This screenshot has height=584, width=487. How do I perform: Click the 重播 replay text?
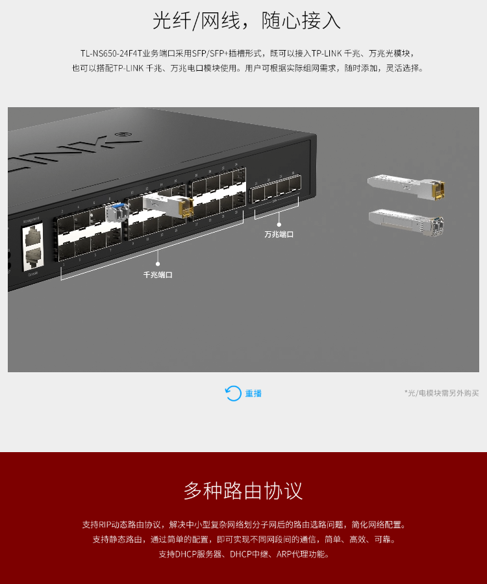[253, 394]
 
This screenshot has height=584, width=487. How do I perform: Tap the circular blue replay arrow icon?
[233, 393]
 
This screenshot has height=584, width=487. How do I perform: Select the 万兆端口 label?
[279, 235]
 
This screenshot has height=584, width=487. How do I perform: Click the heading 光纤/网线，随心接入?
[247, 21]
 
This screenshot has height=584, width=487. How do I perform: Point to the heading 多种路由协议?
[243, 490]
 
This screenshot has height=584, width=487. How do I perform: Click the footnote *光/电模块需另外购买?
[442, 393]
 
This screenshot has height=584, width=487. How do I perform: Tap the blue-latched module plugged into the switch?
[115, 211]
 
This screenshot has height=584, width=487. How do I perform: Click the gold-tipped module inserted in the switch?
[168, 205]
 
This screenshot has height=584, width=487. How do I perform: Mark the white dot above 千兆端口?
[158, 264]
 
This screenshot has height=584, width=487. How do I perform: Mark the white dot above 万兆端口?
[279, 223]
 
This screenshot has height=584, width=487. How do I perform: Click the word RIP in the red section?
[108, 524]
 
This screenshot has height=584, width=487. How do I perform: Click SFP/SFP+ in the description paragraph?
[212, 53]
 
